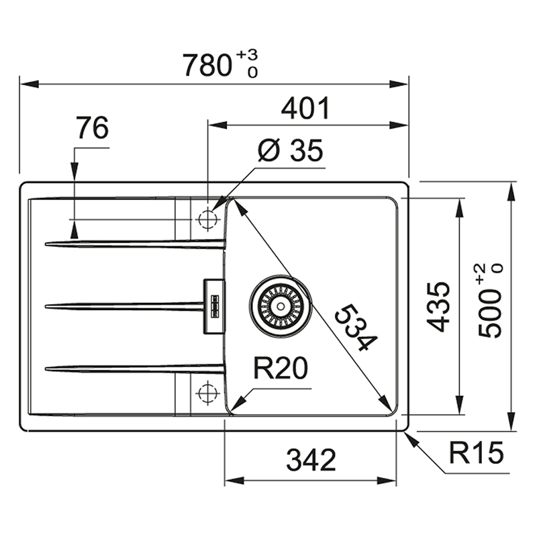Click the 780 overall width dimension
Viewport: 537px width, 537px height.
[207, 65]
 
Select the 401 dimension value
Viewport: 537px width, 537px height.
[305, 108]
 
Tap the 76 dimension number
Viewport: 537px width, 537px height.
[92, 128]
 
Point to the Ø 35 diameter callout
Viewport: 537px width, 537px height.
[291, 150]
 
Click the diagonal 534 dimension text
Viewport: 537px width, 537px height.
[356, 328]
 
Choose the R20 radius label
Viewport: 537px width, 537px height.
[281, 368]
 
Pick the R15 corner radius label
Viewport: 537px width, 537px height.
[476, 452]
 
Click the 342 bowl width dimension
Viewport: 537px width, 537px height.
[311, 460]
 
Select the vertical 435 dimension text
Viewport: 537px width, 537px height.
[438, 307]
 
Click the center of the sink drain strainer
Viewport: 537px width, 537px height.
[281, 306]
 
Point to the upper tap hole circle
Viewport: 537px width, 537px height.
[207, 219]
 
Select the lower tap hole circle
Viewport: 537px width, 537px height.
[207, 393]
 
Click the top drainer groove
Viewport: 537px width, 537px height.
[136, 244]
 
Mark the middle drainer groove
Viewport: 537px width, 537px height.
[124, 306]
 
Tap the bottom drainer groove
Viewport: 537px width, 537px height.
[136, 369]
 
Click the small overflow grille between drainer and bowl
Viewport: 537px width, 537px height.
[215, 306]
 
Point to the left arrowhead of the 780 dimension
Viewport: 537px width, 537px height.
[29, 84]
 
